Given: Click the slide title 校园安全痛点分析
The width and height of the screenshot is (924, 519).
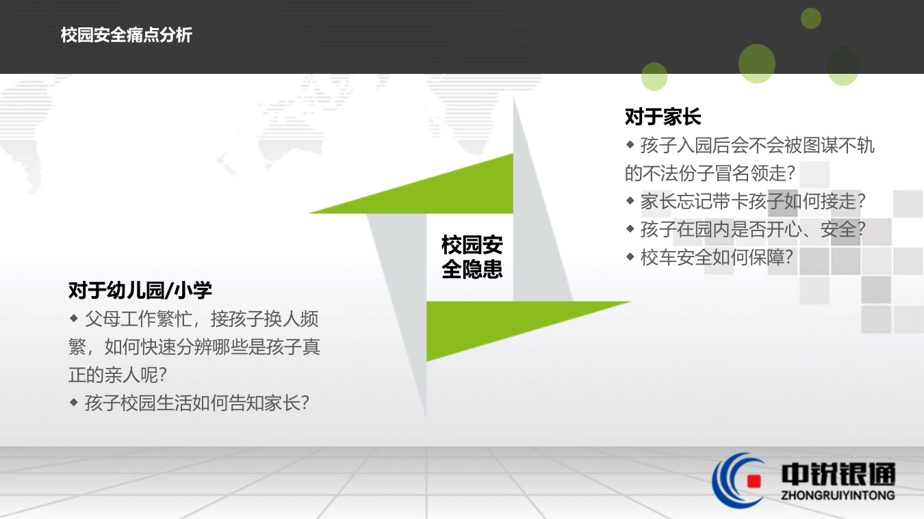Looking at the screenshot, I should tap(127, 36).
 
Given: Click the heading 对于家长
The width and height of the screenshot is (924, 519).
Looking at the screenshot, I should tap(663, 117).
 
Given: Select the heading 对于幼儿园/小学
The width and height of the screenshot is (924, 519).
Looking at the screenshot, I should tap(140, 290).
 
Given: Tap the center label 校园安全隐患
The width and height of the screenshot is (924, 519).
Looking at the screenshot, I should tap(472, 257).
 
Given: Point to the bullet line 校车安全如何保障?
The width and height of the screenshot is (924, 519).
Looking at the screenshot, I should tap(716, 257).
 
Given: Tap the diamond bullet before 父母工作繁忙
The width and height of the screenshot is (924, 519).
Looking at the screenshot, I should tap(74, 318).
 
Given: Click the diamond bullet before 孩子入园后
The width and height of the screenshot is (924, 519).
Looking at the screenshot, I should tap(630, 144).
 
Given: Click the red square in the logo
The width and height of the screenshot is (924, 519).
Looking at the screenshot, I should tap(754, 481).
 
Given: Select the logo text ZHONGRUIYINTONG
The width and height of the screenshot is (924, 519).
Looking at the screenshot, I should tap(838, 495).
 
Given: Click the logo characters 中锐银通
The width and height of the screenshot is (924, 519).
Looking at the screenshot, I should tap(838, 473).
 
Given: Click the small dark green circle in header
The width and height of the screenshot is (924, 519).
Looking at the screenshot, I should tap(811, 18).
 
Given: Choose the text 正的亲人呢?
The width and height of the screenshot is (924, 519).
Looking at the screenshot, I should tap(118, 375).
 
